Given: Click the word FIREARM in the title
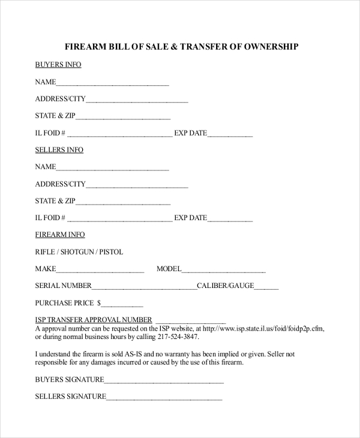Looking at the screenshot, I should pyautogui.click(x=86, y=46).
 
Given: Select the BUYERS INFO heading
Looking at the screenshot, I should pyautogui.click(x=58, y=64).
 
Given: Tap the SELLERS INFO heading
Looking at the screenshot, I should pyautogui.click(x=59, y=149).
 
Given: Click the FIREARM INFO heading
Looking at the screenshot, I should pyautogui.click(x=60, y=235).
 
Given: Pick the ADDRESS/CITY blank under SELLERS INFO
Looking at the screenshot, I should pyautogui.click(x=137, y=185).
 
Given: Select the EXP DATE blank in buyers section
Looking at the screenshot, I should pyautogui.click(x=230, y=134).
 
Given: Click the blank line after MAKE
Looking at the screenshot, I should pyautogui.click(x=100, y=271).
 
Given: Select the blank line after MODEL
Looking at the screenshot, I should pyautogui.click(x=223, y=271).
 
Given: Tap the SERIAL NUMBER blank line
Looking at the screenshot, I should pyautogui.click(x=144, y=287).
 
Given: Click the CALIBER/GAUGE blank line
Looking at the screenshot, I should pyautogui.click(x=266, y=287).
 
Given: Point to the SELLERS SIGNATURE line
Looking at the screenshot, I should pyautogui.click(x=164, y=398).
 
